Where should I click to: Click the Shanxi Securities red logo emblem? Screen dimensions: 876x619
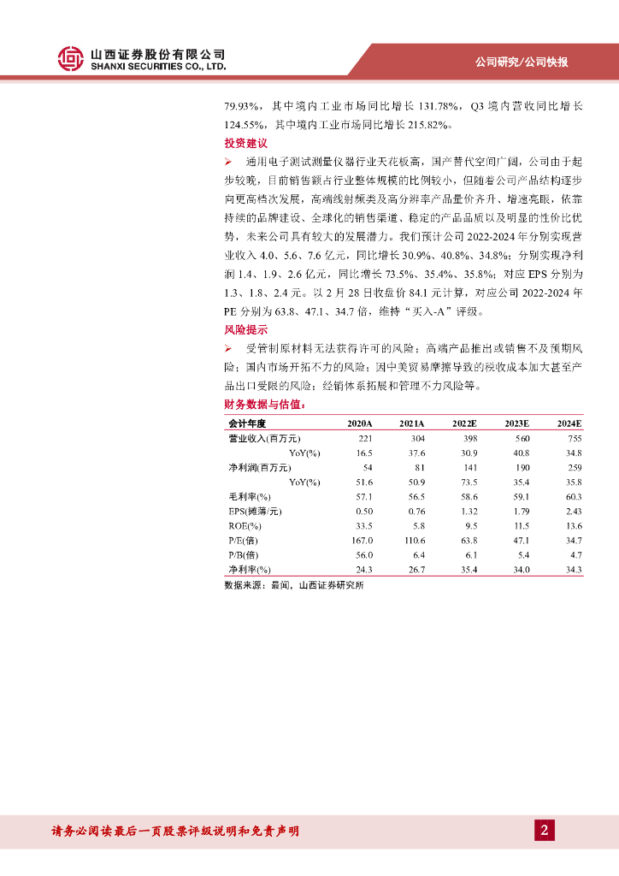(72, 57)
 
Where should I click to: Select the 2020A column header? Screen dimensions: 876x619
(360, 423)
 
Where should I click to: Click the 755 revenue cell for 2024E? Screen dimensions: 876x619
(574, 438)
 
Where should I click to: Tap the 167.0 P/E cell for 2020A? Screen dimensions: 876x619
(363, 540)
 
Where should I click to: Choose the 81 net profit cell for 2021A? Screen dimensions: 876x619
(419, 467)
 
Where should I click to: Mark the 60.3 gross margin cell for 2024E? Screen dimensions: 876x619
(573, 496)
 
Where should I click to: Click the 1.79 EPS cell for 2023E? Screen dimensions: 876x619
(521, 511)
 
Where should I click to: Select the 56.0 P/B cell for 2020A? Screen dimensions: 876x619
(364, 554)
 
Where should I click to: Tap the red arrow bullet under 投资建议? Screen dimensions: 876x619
(228, 162)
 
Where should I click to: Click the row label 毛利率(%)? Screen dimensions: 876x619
(249, 496)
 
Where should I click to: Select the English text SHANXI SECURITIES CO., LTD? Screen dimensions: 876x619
(158, 66)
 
